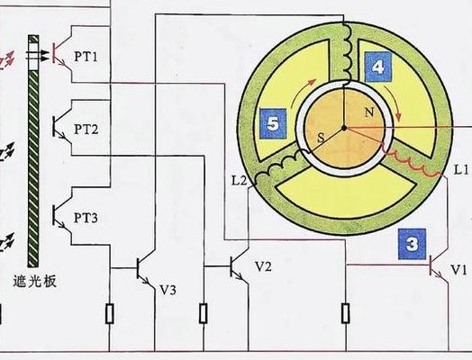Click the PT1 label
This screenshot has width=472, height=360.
coord(86,56)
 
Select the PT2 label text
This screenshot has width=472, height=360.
coord(86,130)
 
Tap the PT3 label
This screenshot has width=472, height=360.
coord(86,218)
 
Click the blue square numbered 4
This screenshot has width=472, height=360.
coord(378,67)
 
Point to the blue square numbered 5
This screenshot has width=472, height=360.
coord(273,123)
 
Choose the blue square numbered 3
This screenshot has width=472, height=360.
coord(412,244)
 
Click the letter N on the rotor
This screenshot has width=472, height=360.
coord(369,112)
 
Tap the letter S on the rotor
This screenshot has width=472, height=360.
coord(322,138)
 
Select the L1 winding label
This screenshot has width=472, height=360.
coord(461,170)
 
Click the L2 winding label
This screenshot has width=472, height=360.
coord(240,181)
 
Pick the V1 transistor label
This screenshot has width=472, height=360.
coord(458,270)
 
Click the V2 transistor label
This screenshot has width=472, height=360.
coord(263,266)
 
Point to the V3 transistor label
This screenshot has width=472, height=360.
coord(168,290)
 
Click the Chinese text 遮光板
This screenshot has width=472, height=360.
coord(34,282)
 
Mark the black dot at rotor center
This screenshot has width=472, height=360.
coord(344,129)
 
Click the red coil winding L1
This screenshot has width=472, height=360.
coord(411,165)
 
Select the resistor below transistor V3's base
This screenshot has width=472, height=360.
coord(110,314)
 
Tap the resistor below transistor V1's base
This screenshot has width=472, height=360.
coord(346,313)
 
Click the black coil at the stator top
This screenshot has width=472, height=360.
coord(347,54)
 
